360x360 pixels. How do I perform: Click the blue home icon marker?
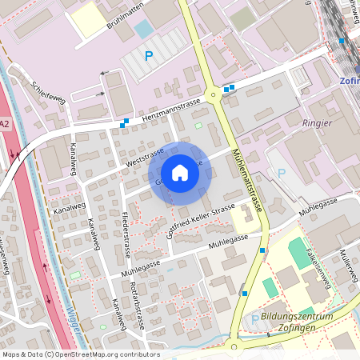click(180, 173)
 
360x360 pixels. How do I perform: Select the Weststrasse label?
click(145, 156)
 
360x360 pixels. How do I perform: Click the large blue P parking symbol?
click(148, 56)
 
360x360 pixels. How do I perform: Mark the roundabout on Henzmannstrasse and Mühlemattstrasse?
click(213, 95)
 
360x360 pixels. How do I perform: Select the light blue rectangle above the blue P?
click(143, 30)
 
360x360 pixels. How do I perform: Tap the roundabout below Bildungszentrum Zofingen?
click(233, 346)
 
